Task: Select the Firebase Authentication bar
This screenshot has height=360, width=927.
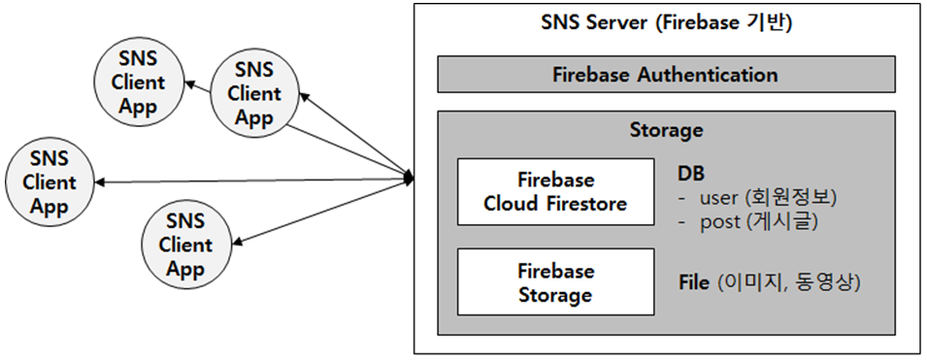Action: point(665,75)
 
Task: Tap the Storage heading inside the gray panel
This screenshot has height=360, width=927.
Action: point(665,129)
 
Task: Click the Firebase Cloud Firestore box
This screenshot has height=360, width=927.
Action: point(555,192)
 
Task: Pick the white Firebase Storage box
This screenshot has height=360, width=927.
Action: point(555,282)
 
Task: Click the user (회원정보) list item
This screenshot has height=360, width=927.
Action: point(767,197)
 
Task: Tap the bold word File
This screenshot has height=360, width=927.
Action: point(694,283)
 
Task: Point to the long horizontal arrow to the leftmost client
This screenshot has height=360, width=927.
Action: point(252,180)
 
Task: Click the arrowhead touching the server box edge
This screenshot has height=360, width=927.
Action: point(409,179)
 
